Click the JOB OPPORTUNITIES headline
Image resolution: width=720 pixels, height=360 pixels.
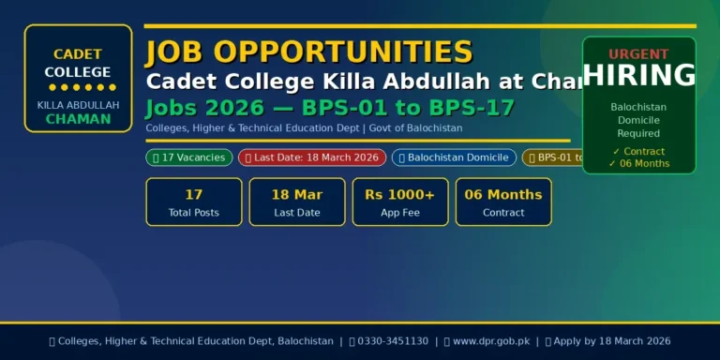(x=309, y=52)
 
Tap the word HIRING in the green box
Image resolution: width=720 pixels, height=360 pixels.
(x=639, y=76)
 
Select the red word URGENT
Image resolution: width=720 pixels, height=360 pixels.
(x=639, y=54)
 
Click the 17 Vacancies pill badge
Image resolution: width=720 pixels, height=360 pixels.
(x=189, y=157)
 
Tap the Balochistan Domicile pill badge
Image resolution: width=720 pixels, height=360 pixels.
(x=454, y=157)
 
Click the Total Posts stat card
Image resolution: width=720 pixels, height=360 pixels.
(x=194, y=202)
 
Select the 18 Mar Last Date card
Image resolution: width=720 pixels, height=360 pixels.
(x=297, y=202)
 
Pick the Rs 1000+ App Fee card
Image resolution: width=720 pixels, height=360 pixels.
(x=400, y=202)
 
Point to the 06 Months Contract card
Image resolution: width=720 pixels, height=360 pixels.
(x=503, y=202)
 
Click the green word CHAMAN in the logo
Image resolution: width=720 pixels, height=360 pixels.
(x=78, y=119)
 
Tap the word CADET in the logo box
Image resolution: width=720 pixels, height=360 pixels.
(x=78, y=54)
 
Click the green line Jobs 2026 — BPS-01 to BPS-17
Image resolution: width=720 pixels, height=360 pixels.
(x=330, y=108)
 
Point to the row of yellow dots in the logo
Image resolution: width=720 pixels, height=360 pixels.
(x=78, y=87)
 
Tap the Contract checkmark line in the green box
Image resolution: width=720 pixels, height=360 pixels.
(x=638, y=151)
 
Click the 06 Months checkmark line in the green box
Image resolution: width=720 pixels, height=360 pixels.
(x=638, y=163)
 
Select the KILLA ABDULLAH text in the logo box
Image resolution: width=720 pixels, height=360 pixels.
(x=78, y=105)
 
